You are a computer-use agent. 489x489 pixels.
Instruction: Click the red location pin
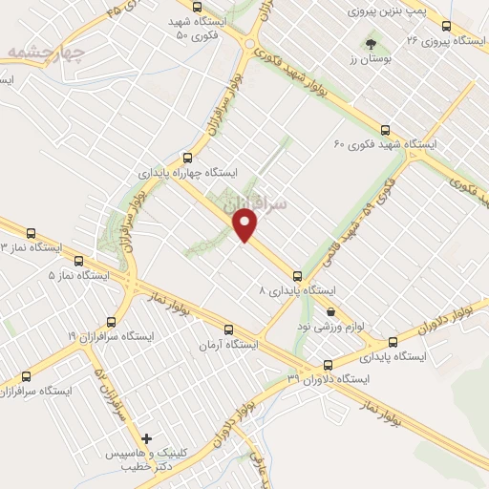pyautogui.click(x=247, y=225)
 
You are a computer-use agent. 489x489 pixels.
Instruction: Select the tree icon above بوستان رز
pyautogui.click(x=371, y=44)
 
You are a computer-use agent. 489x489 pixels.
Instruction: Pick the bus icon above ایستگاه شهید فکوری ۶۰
pyautogui.click(x=385, y=130)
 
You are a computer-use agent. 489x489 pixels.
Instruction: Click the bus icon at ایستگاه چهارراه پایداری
pyautogui.click(x=186, y=159)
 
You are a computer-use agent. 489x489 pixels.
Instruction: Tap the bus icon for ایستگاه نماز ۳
pyautogui.click(x=32, y=233)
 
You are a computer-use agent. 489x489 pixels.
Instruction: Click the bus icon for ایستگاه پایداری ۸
pyautogui.click(x=298, y=275)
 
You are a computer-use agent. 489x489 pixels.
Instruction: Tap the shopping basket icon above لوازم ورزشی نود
pyautogui.click(x=330, y=311)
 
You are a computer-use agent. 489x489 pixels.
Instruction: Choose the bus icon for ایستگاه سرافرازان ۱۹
pyautogui.click(x=112, y=323)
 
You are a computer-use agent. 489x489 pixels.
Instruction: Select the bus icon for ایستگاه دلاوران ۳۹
pyautogui.click(x=329, y=365)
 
